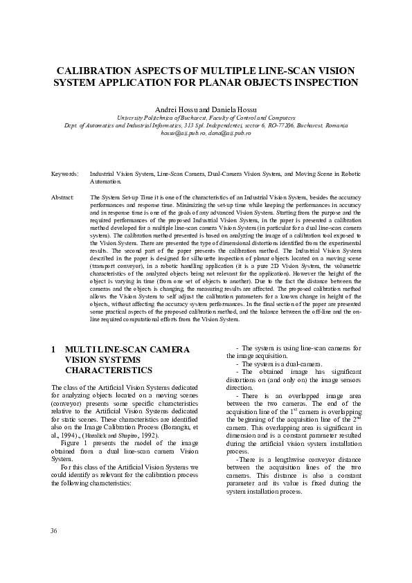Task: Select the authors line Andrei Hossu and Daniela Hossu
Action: pyautogui.click(x=206, y=110)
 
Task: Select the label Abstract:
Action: pyautogui.click(x=63, y=197)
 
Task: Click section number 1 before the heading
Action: pyautogui.click(x=53, y=350)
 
